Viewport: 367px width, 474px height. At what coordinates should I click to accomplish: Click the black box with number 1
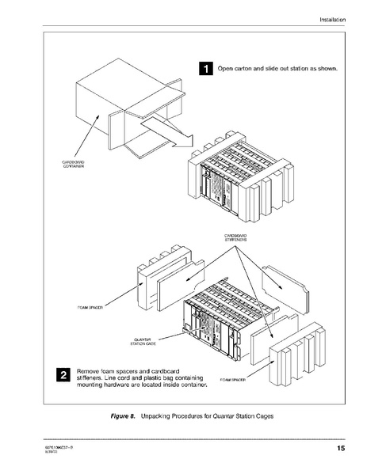pyautogui.click(x=205, y=69)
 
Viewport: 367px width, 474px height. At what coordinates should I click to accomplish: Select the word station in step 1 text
pyautogui.click(x=304, y=69)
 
